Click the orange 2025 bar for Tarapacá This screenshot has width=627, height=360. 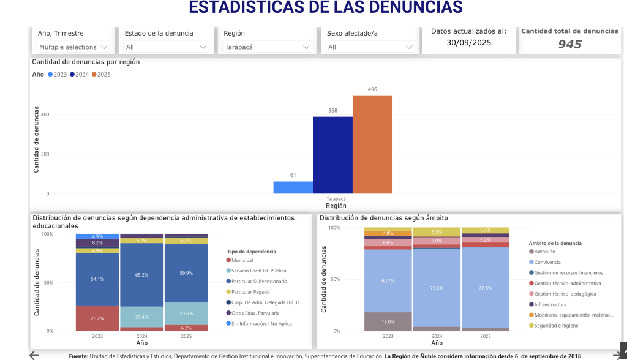tap(372, 144)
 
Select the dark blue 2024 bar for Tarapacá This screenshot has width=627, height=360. tap(332, 155)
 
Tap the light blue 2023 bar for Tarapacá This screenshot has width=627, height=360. tap(293, 187)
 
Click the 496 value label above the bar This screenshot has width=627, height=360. tap(372, 89)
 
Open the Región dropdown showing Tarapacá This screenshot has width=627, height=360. tap(268, 47)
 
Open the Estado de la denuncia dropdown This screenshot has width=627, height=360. tap(166, 47)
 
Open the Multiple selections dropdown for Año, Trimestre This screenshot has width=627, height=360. tap(73, 47)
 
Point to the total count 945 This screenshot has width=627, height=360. tap(569, 44)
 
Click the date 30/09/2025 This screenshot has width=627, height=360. tap(468, 42)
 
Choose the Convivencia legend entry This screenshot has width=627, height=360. tap(547, 262)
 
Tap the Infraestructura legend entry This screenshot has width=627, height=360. tap(549, 304)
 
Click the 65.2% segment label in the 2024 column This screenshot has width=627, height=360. tap(141, 276)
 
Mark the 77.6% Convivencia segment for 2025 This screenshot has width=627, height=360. tap(485, 287)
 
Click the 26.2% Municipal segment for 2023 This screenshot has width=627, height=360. tap(97, 318)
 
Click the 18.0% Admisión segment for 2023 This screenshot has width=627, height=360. tap(388, 321)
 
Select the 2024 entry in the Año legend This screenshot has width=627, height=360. tap(81, 74)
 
